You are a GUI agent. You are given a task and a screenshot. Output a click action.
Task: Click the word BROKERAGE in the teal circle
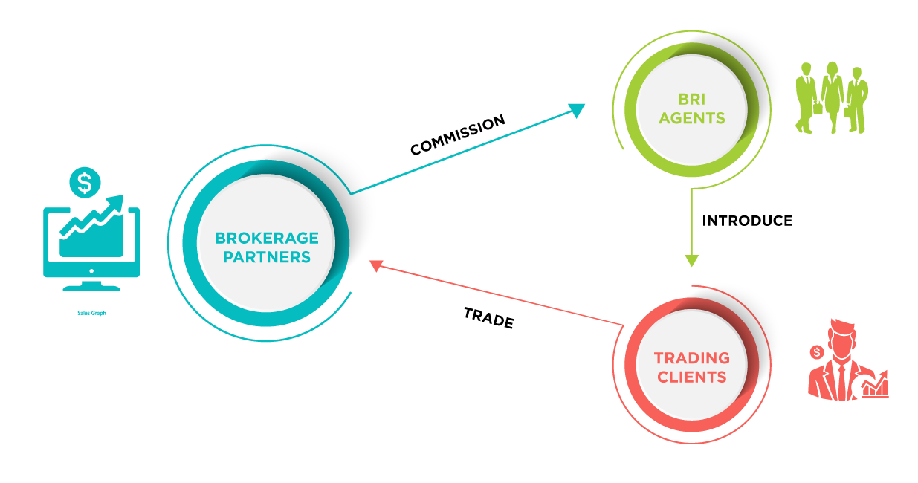(266, 239)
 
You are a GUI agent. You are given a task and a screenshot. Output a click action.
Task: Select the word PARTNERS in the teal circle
(266, 258)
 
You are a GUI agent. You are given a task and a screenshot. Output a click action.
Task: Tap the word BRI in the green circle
(691, 99)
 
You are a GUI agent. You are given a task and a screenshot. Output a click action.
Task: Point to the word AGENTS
(691, 118)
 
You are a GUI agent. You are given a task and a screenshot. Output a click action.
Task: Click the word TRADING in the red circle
(691, 358)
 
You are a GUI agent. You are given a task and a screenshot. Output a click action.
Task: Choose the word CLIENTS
(691, 377)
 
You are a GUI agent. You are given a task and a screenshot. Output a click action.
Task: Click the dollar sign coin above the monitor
(85, 182)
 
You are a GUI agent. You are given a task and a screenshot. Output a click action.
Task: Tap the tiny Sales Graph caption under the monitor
(91, 313)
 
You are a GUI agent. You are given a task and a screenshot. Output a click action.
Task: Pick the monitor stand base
(91, 286)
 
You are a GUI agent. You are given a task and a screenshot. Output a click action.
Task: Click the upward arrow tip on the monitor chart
(118, 200)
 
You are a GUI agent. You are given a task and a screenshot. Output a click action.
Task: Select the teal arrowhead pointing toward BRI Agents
(578, 110)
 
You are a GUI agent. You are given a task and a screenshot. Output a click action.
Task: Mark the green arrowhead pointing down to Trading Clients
(691, 261)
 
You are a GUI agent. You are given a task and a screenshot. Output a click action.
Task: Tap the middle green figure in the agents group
(832, 97)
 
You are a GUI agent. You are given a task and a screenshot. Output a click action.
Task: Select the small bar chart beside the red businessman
(876, 385)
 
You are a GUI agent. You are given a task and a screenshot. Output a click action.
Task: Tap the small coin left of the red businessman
(817, 350)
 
